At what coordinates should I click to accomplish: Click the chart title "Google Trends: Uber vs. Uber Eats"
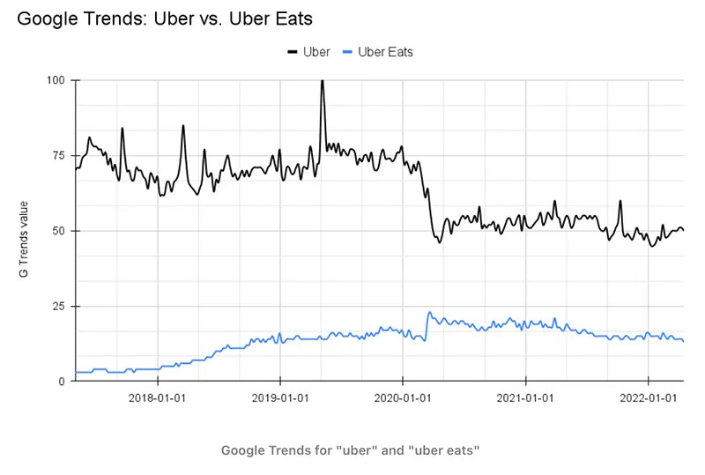[165, 18]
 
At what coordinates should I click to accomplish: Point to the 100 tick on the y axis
[56, 80]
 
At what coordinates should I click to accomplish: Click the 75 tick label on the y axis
[58, 156]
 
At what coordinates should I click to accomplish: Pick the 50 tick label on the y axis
[58, 231]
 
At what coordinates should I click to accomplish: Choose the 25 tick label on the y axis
[58, 307]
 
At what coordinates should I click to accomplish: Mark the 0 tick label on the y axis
[62, 382]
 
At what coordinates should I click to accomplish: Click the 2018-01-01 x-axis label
[157, 397]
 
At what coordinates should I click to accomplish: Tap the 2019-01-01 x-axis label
[279, 397]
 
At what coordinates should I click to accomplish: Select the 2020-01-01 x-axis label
[402, 397]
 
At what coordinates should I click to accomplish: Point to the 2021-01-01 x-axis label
[525, 397]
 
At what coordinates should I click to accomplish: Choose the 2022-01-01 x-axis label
[648, 397]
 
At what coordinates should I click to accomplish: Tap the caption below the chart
[350, 451]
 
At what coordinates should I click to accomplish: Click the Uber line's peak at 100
[322, 81]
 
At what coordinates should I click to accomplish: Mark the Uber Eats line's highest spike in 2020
[430, 312]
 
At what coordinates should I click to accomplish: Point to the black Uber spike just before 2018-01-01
[122, 129]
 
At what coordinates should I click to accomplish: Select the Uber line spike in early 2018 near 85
[183, 126]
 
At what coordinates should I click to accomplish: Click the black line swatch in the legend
[293, 52]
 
